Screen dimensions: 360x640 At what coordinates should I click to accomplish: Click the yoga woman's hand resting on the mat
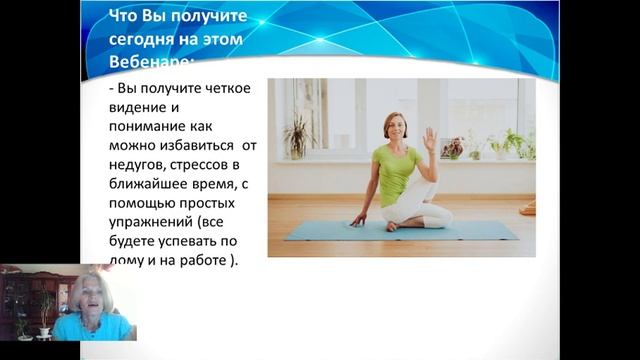coord(357,221)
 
